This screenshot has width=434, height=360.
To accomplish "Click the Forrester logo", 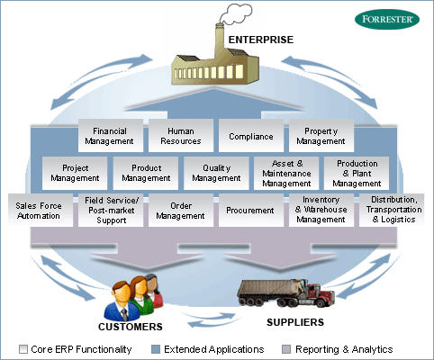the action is (x=387, y=19).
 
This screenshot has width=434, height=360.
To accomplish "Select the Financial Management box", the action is (x=111, y=136).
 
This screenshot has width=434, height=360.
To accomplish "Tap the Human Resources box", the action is (x=181, y=136).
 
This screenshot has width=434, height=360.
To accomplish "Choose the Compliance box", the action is (x=251, y=136).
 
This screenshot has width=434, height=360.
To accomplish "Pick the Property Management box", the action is (x=321, y=136).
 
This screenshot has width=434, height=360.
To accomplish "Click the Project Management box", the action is (x=75, y=173).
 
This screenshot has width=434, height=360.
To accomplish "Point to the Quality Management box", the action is (x=216, y=173).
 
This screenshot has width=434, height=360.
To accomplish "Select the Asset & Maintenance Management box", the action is (x=286, y=173).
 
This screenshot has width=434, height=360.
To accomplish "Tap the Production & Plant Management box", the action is (x=357, y=173).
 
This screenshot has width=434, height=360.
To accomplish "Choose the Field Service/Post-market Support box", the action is (x=111, y=211).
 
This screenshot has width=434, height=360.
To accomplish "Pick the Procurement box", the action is (x=251, y=211).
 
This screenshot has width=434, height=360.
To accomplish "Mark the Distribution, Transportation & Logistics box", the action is (x=392, y=211).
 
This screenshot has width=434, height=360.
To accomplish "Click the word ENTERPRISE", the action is (x=261, y=40).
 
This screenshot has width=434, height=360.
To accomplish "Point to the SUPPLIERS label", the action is (x=295, y=322).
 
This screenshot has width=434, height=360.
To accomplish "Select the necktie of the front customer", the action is (x=124, y=314).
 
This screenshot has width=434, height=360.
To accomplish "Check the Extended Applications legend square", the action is (x=156, y=349).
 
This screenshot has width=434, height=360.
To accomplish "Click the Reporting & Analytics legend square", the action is (x=286, y=349).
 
